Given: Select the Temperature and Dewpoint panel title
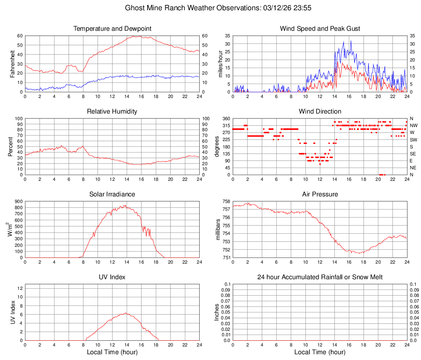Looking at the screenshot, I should tap(112, 29).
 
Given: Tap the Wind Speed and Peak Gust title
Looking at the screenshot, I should tap(320, 29).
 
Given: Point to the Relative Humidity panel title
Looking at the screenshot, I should tap(112, 112).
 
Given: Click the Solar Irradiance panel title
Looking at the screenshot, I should tap(112, 194).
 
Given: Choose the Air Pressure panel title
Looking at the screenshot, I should tap(320, 194).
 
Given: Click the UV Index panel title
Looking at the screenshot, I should tap(112, 277).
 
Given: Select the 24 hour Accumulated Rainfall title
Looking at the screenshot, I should tap(320, 277).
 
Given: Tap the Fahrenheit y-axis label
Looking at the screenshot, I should tap(12, 64).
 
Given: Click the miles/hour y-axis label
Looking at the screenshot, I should tap(220, 64).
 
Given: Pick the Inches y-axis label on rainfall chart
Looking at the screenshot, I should tap(217, 312).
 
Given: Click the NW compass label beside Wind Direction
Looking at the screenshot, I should tap(413, 125).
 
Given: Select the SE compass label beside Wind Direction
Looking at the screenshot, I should tap(413, 154).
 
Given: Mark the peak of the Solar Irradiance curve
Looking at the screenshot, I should tap(125, 205).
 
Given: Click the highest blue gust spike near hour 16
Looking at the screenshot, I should tap(350, 41).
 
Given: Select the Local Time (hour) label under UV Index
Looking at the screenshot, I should tap(112, 352).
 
